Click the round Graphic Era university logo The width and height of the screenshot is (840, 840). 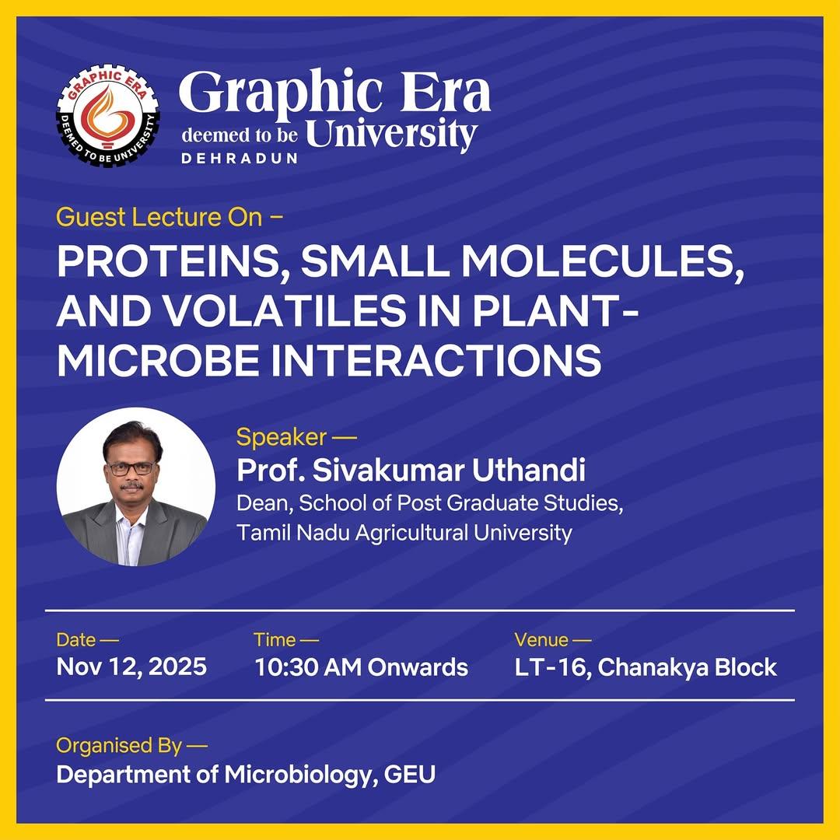click(107, 116)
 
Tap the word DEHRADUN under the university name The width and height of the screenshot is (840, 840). click(240, 159)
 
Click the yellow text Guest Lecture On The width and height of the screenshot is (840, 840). click(159, 218)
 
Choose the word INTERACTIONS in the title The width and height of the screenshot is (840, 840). click(436, 360)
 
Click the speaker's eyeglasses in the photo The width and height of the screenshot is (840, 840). click(131, 469)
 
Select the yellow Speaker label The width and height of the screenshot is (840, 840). click(282, 438)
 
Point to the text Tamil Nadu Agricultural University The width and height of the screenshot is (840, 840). click(404, 533)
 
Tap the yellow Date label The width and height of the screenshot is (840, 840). click(76, 639)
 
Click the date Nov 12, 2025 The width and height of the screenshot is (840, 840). click(131, 667)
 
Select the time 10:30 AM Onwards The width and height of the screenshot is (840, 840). click(361, 667)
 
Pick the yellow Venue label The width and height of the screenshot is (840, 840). click(541, 639)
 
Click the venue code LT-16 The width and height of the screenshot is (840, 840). click(550, 667)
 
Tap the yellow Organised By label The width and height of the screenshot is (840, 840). click(119, 746)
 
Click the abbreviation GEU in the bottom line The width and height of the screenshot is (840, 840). click(410, 775)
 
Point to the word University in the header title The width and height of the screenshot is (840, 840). click(391, 134)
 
